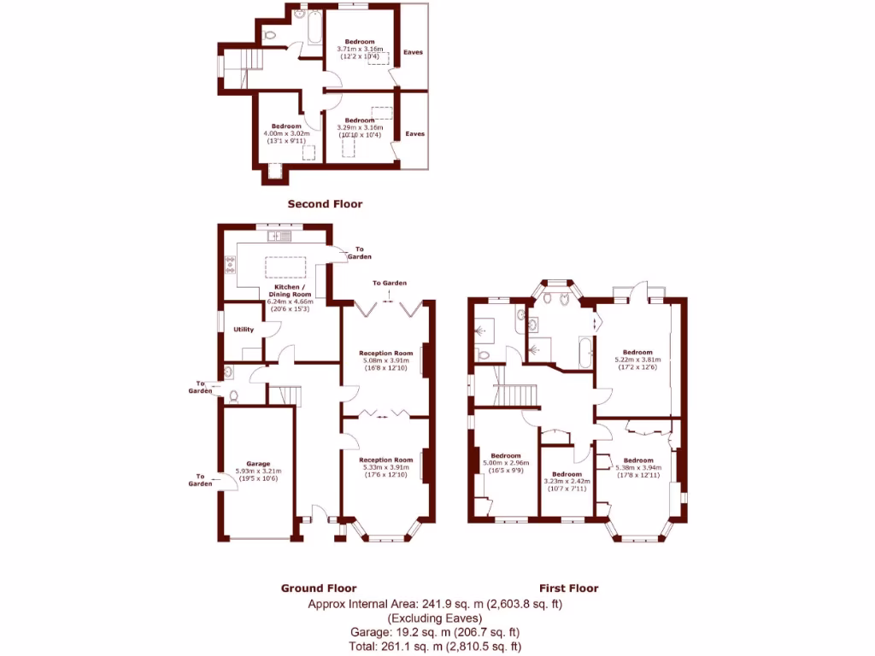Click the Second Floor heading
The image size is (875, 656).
point(325,203)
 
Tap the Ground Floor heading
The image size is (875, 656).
point(319,588)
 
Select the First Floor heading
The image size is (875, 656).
point(568,588)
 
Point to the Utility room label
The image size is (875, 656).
point(244,329)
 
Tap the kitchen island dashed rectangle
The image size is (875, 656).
point(284,266)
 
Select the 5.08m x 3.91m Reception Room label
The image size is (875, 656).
point(385,353)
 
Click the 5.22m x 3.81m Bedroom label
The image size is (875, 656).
point(637,352)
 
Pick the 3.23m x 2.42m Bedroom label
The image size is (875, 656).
point(567,474)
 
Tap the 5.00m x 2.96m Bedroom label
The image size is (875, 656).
point(506,455)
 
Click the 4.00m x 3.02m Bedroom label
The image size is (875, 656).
point(287,126)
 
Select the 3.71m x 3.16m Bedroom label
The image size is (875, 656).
point(360,42)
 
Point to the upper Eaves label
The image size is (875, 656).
point(414,52)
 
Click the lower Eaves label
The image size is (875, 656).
point(414,133)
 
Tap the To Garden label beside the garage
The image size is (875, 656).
point(201,480)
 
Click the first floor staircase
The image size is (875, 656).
point(516,395)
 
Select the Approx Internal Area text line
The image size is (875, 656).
point(436,604)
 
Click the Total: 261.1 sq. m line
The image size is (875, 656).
point(436,647)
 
